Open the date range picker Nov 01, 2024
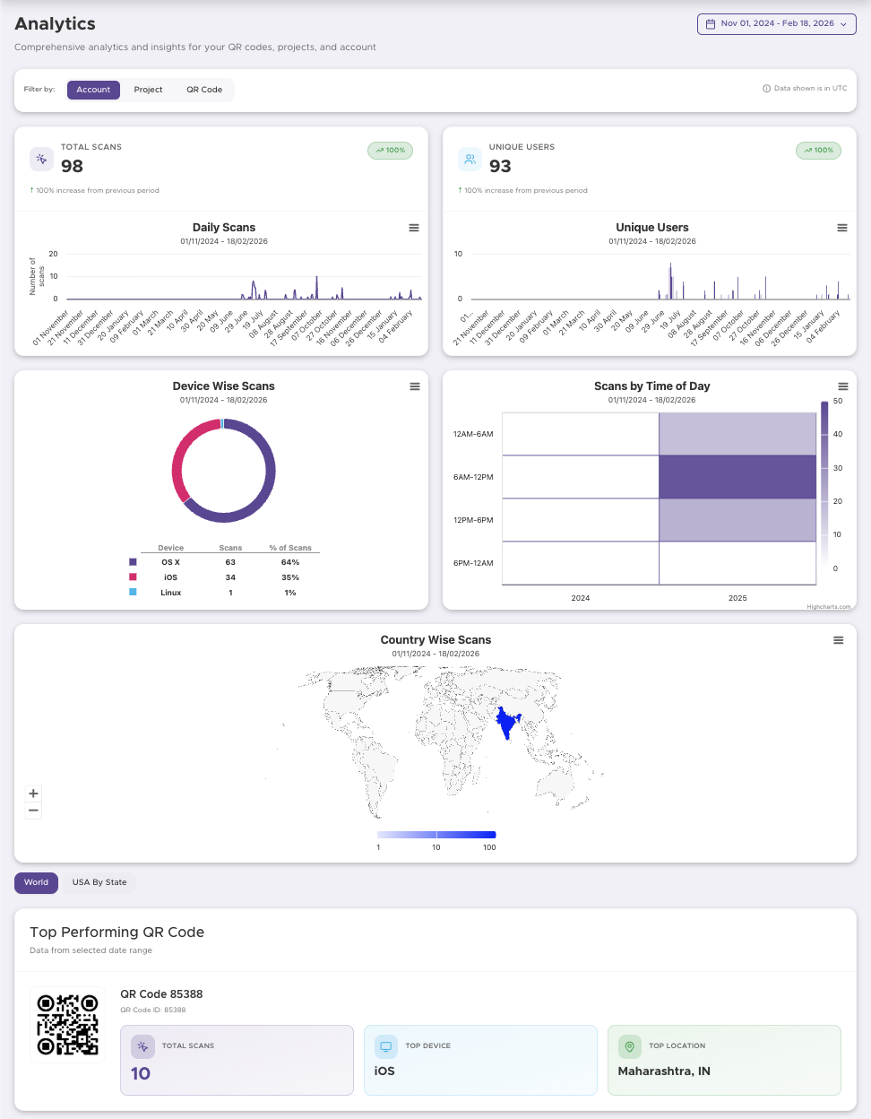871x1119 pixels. click(x=776, y=24)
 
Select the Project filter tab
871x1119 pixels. click(x=148, y=90)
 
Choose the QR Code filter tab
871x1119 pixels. click(x=204, y=90)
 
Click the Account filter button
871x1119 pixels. click(x=93, y=90)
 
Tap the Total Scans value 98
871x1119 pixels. click(x=72, y=166)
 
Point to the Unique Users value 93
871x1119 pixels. click(x=500, y=166)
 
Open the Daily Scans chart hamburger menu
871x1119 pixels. click(x=414, y=228)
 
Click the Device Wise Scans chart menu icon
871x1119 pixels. click(x=415, y=386)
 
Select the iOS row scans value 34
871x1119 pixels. click(x=230, y=577)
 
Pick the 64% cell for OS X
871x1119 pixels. click(x=290, y=562)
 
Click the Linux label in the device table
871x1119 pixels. click(x=170, y=593)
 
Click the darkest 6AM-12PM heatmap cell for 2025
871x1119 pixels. click(x=737, y=477)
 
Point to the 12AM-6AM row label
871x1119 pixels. click(x=473, y=434)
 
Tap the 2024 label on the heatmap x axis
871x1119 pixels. click(x=581, y=598)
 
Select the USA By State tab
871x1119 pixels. click(x=99, y=882)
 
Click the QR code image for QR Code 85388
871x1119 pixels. click(x=67, y=1024)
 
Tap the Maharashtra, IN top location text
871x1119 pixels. click(x=664, y=1071)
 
